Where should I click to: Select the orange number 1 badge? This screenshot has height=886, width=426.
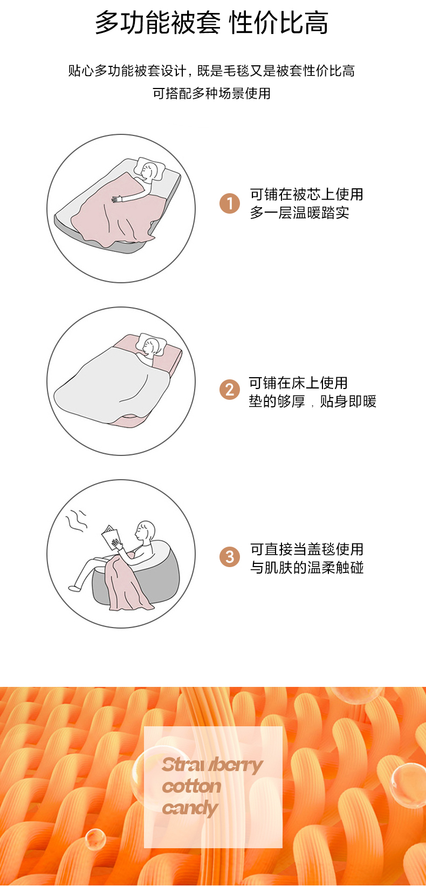tap(230, 203)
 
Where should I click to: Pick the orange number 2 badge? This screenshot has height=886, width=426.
tap(230, 389)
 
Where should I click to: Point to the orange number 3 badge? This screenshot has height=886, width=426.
tap(230, 557)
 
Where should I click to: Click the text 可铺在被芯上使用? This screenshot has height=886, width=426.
tap(306, 194)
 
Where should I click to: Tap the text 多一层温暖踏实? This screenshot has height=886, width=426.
tap(299, 213)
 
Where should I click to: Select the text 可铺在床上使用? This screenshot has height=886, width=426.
tap(298, 383)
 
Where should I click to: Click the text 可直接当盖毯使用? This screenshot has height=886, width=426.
tap(306, 549)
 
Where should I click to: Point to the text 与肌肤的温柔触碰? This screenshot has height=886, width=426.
tap(306, 568)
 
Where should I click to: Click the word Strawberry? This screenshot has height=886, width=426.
tap(212, 765)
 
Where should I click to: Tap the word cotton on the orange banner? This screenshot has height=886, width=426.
tap(191, 786)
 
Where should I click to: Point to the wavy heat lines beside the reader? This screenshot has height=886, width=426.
tap(76, 519)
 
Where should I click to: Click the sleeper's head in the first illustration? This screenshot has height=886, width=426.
tap(149, 172)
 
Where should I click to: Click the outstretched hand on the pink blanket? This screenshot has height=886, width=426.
tap(117, 199)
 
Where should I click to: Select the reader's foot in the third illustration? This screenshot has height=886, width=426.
tap(74, 588)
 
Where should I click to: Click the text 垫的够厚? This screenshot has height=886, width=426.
tap(277, 401)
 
